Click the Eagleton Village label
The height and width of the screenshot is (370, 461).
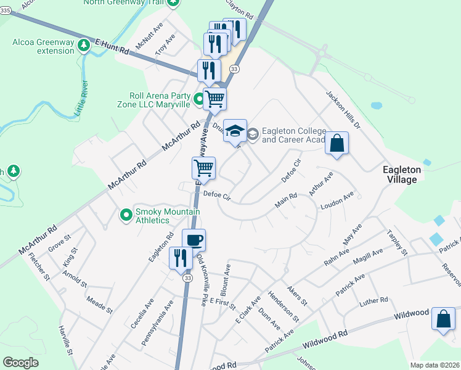coord(401,174)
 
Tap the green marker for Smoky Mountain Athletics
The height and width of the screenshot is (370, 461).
coord(126,215)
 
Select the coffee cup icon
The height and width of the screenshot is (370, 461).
coord(194,240)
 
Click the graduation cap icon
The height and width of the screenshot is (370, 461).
coord(235,131)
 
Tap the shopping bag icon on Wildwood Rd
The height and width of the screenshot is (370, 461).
coord(444,319)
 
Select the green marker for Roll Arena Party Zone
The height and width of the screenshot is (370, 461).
coord(199,99)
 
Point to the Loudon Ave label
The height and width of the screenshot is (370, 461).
coord(337,202)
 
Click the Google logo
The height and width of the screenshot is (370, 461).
coord(21,363)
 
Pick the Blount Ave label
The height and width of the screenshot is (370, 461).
coord(227,279)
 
